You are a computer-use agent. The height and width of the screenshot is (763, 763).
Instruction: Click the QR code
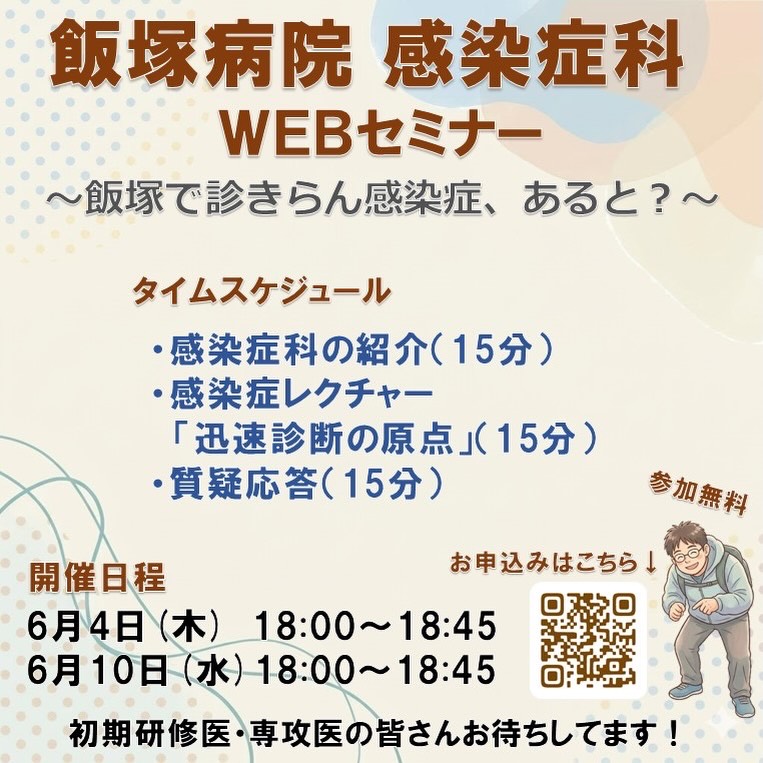click(588, 639)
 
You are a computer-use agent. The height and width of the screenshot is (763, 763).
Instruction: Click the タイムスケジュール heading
click(262, 291)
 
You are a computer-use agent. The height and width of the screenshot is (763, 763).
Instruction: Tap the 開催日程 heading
click(97, 578)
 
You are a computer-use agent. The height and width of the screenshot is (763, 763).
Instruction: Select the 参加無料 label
click(698, 492)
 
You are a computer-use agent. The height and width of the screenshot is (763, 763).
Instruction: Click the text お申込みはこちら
click(544, 563)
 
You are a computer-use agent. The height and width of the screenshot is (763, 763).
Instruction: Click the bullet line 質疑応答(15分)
click(298, 484)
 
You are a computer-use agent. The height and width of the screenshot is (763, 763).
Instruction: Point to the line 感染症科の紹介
click(298, 350)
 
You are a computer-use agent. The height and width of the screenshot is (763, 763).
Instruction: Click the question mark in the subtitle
click(660, 200)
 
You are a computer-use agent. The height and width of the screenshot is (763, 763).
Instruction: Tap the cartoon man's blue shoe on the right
click(744, 707)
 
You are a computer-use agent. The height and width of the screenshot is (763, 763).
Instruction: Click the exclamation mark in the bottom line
click(673, 735)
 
